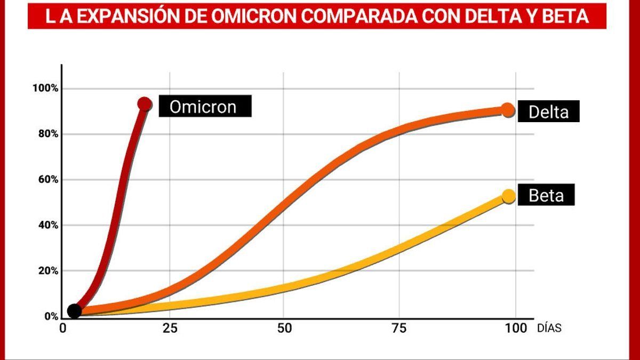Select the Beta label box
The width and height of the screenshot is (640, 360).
(x=546, y=196)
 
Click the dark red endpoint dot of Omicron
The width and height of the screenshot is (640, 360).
(x=144, y=103)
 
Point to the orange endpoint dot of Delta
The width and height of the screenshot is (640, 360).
(x=508, y=110)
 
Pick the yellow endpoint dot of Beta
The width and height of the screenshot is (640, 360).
(x=509, y=196)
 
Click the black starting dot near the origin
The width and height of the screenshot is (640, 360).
(x=75, y=311)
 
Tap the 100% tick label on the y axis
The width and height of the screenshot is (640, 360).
(x=45, y=88)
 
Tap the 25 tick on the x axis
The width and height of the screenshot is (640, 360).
(x=170, y=328)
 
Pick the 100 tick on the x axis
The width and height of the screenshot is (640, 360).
(x=515, y=328)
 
